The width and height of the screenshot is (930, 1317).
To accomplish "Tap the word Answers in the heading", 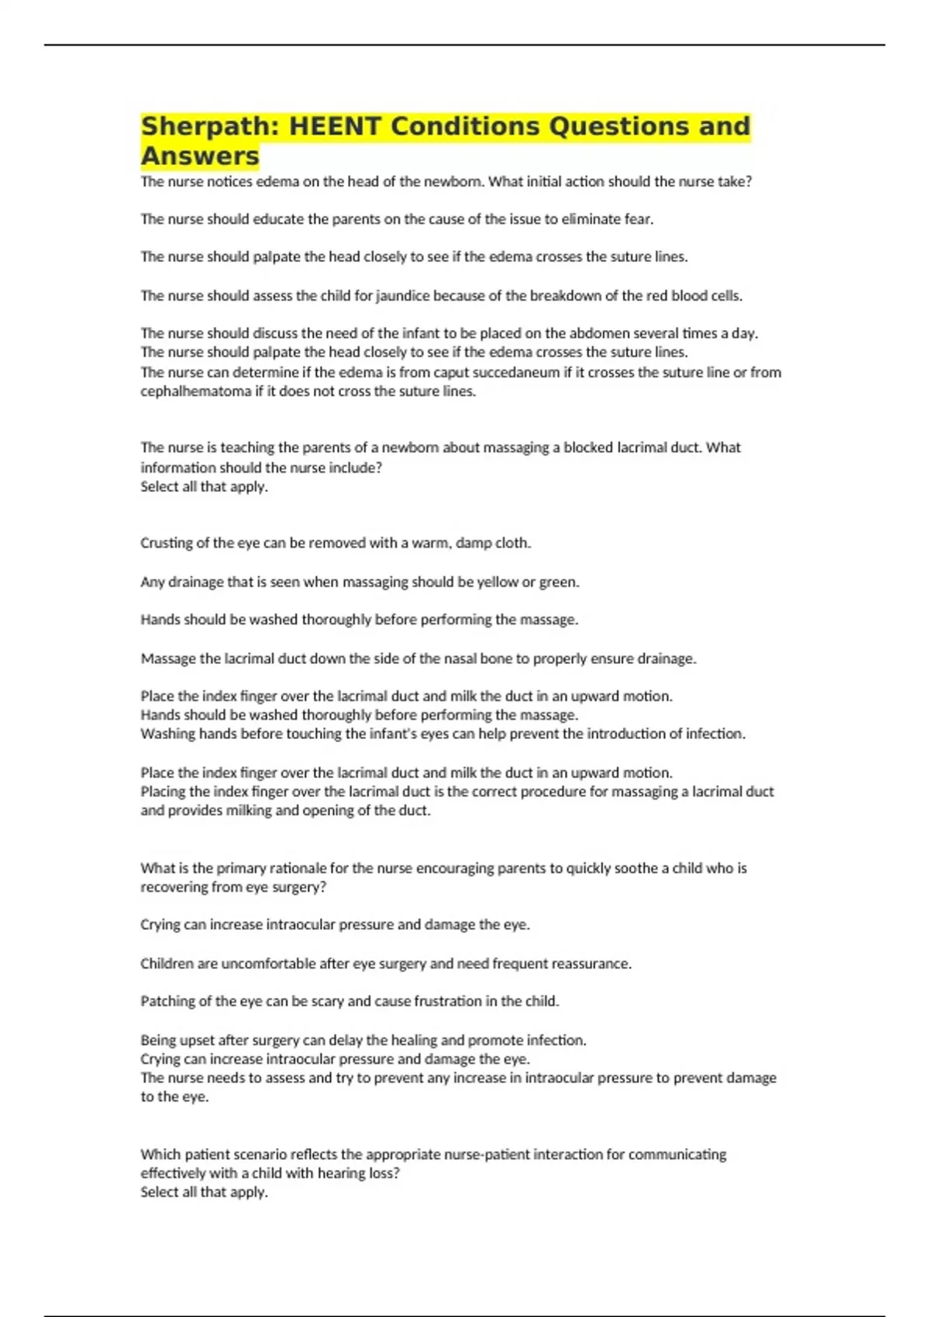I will [x=200, y=156].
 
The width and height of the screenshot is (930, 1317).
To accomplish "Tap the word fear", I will [x=639, y=219].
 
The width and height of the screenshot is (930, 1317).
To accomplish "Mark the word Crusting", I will [x=165, y=543].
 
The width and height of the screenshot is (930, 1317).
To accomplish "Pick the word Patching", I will [x=166, y=1001].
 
